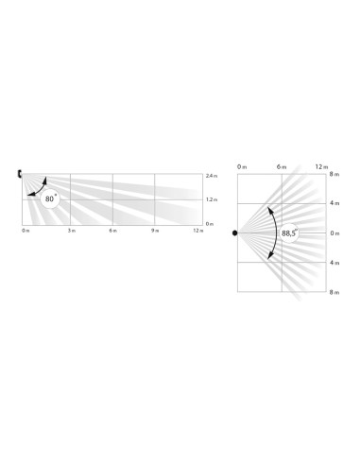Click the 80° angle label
(x=49, y=199)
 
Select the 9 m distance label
(x=155, y=231)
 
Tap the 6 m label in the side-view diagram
(x=113, y=231)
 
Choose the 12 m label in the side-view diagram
(x=197, y=231)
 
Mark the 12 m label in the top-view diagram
(x=320, y=167)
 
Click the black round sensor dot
(x=235, y=232)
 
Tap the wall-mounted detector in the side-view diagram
(x=20, y=174)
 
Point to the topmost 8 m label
(x=334, y=174)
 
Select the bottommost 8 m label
(x=334, y=293)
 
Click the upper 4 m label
(x=334, y=203)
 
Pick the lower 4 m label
(x=334, y=263)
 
